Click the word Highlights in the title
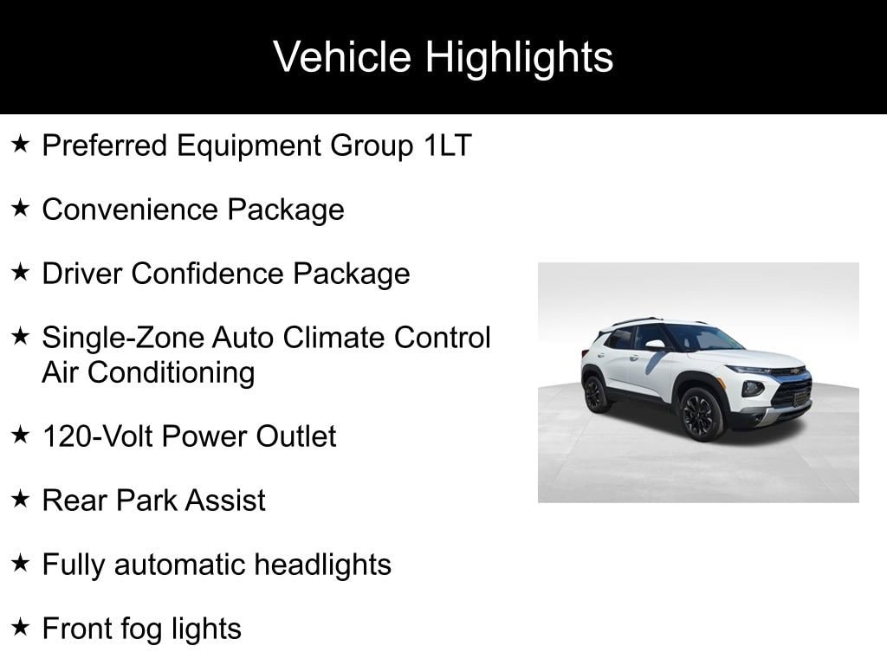(x=519, y=58)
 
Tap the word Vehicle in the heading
(x=342, y=56)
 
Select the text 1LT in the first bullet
(x=448, y=145)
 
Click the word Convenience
(x=130, y=210)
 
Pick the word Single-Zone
(x=123, y=338)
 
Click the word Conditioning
(x=172, y=374)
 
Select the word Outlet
(x=296, y=436)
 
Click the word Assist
(x=225, y=500)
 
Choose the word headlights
(x=322, y=565)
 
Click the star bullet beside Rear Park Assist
(x=21, y=498)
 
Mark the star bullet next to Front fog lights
(x=21, y=627)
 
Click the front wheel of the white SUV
(x=702, y=414)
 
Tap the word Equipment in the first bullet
(x=249, y=145)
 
